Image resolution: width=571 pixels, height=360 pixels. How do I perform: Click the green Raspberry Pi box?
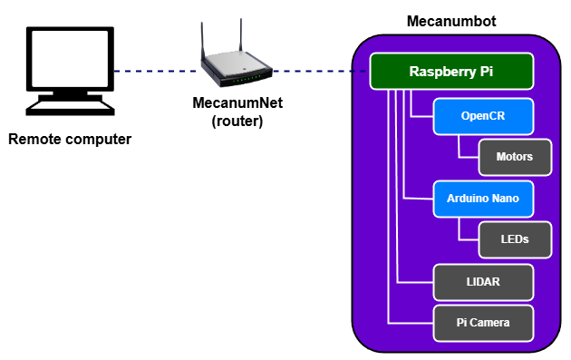pos(450,72)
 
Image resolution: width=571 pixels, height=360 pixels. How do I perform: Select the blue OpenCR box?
pos(481,116)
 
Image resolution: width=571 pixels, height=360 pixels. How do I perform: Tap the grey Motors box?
pos(514,157)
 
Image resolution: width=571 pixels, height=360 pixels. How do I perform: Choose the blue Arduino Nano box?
pos(481,198)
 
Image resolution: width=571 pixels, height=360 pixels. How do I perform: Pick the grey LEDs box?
pos(514,239)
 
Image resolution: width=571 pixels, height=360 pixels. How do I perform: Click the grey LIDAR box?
pos(482,282)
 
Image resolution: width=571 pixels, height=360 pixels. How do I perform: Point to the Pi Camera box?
pos(482,322)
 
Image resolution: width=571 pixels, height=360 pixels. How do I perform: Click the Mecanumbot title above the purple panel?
pos(450,21)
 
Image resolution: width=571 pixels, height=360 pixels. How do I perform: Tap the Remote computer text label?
pos(70,140)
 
